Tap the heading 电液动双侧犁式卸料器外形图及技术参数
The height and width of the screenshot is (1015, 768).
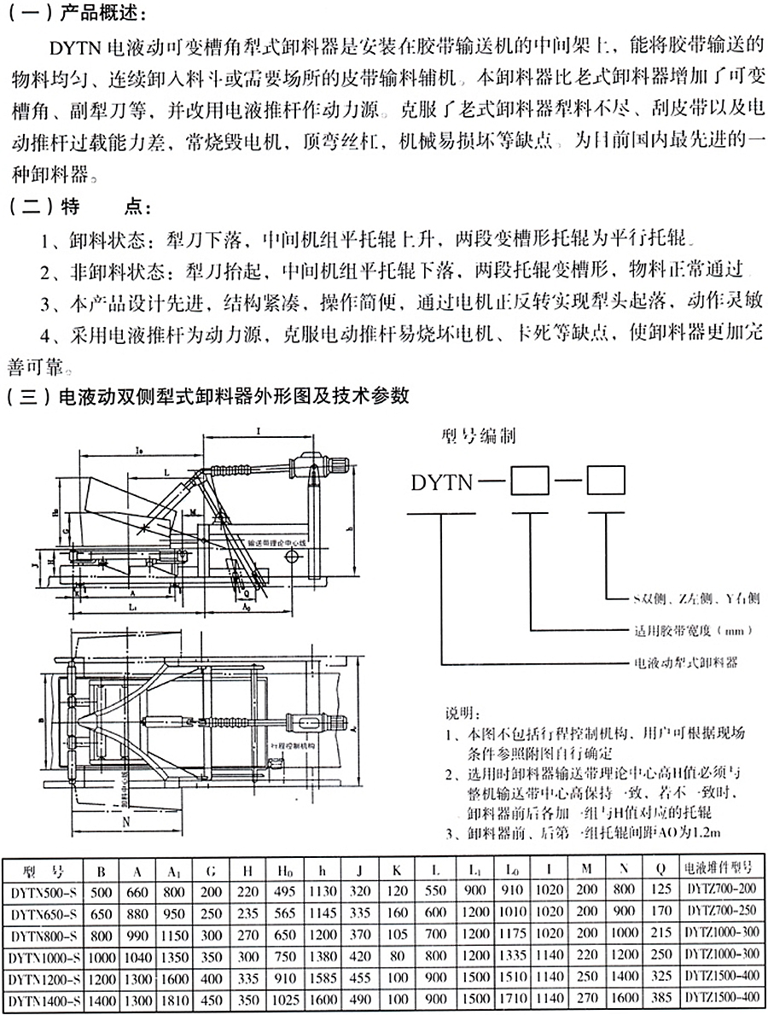pyautogui.click(x=230, y=396)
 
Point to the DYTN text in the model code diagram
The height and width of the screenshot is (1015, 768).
pyautogui.click(x=441, y=483)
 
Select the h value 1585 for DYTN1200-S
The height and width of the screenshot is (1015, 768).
pyautogui.click(x=321, y=977)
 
